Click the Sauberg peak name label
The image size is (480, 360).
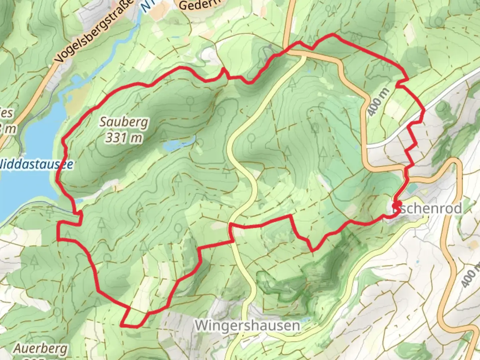click(x=124, y=122)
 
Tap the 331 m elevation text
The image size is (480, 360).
click(x=124, y=137)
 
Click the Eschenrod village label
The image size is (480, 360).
click(x=428, y=209)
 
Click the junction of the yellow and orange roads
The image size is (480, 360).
click(x=304, y=55)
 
